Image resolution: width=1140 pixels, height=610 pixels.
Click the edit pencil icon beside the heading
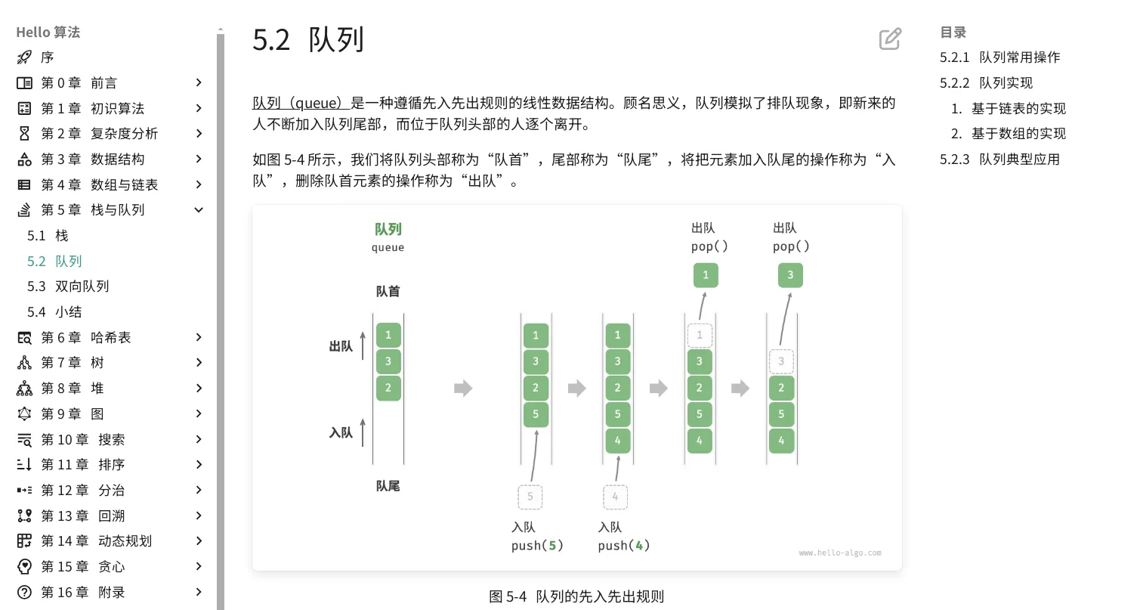(x=890, y=39)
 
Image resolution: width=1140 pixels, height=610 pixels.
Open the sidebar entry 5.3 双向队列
(x=68, y=286)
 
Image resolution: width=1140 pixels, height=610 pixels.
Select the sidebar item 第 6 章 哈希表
(x=85, y=337)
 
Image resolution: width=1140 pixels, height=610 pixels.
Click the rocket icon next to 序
(x=24, y=57)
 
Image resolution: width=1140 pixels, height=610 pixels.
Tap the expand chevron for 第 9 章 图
(x=199, y=413)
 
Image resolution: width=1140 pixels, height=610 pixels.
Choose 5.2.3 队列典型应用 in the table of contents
(x=999, y=159)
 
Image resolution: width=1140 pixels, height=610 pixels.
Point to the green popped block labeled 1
(x=706, y=275)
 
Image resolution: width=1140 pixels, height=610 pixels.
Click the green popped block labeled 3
(x=790, y=275)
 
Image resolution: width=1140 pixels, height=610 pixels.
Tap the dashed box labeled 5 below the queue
(x=530, y=497)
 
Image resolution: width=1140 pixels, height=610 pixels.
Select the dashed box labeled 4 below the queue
(x=615, y=497)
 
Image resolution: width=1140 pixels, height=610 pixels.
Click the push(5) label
(x=537, y=546)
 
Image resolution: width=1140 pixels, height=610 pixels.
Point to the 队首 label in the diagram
(x=388, y=291)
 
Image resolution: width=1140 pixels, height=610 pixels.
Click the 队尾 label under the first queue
(x=388, y=486)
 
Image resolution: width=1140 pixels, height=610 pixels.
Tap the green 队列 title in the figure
(x=388, y=230)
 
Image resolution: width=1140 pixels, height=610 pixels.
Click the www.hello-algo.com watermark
(x=840, y=553)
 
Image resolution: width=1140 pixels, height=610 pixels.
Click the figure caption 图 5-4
(x=508, y=596)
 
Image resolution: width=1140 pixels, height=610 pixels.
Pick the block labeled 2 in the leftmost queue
(x=388, y=388)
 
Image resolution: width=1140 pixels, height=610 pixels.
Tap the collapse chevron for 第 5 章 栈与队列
(x=199, y=210)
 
